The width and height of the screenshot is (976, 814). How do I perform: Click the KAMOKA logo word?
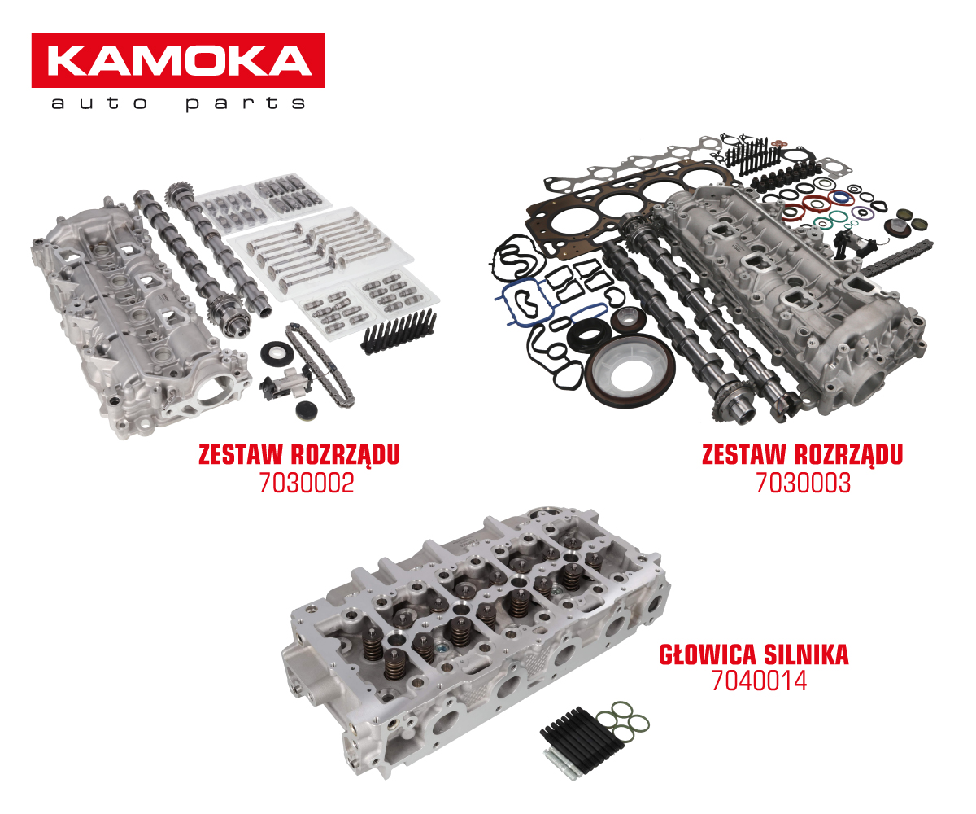coord(179,60)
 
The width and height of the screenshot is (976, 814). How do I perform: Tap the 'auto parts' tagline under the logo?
coord(178,103)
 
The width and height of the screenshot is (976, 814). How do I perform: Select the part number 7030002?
coord(307,483)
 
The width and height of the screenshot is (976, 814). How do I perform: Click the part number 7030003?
coord(803,483)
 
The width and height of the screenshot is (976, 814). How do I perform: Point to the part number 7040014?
coord(759,681)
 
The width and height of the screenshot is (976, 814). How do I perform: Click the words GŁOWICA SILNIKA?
coord(753,654)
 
